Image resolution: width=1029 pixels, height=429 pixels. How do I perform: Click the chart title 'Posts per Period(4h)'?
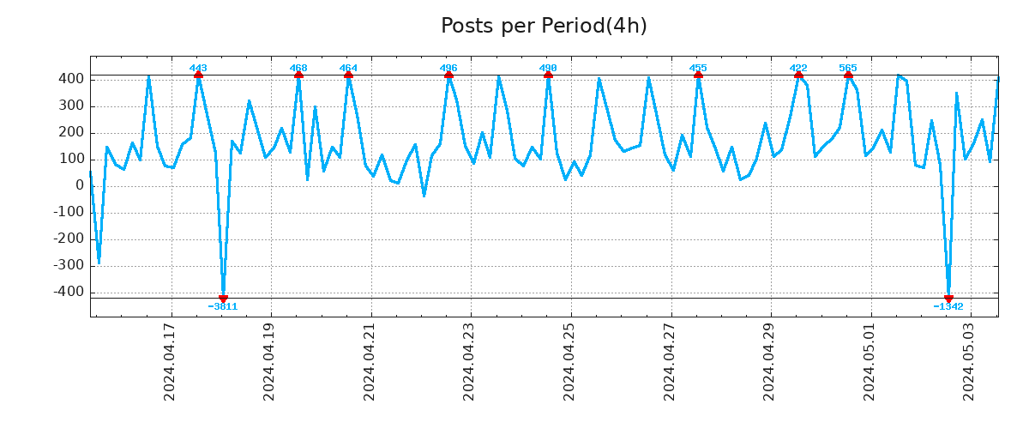544,26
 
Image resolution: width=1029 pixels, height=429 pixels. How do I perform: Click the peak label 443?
198,68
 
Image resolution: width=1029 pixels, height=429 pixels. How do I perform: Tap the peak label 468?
298,68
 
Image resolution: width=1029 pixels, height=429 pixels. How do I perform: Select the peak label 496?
448,68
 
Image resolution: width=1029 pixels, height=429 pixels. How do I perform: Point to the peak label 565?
848,68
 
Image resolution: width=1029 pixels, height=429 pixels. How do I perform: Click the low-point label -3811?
223,306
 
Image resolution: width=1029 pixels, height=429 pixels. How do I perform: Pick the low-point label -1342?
948,306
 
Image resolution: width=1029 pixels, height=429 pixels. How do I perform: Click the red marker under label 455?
698,76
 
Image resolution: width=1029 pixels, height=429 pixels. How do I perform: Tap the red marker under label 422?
798,76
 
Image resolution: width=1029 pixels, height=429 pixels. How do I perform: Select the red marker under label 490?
548,76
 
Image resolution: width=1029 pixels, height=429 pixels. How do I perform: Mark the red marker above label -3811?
223,298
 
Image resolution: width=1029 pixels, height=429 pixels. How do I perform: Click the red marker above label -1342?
948,298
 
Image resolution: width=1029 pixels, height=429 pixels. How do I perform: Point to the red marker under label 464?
348,76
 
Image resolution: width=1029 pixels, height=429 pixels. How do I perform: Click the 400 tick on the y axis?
71,79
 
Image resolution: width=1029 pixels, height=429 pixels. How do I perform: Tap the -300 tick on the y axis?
68,266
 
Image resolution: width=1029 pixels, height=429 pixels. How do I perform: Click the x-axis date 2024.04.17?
170,361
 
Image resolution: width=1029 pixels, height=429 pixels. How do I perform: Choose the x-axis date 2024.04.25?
569,361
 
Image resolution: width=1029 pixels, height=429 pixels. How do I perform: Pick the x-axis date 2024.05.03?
969,361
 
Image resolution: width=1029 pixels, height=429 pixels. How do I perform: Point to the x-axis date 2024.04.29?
769,361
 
